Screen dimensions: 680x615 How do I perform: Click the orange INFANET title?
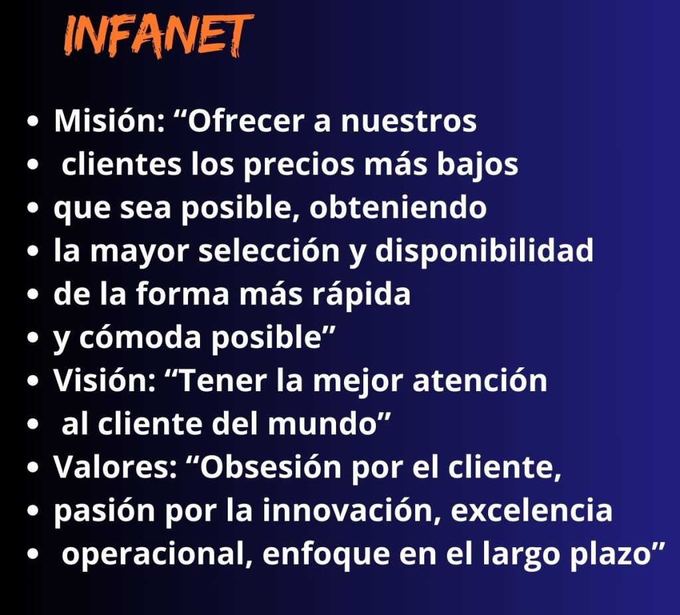(x=159, y=36)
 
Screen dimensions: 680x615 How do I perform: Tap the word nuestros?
(x=408, y=122)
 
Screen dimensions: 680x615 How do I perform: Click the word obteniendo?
(x=398, y=207)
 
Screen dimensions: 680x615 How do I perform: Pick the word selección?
(x=269, y=250)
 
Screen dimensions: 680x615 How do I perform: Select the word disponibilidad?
(x=483, y=252)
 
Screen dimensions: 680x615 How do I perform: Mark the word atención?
(x=479, y=381)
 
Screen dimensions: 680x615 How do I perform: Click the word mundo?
(x=322, y=424)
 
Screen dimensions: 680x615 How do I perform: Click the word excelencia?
(x=532, y=511)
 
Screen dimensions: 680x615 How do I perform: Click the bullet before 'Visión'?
(x=33, y=381)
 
